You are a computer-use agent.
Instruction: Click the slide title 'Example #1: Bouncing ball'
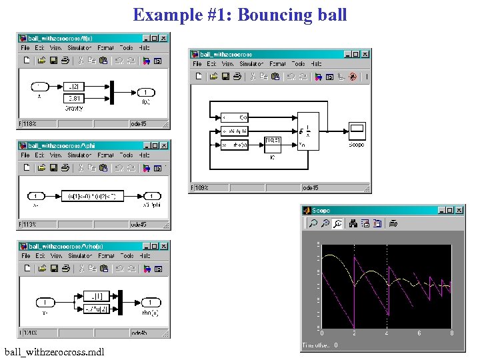pyautogui.click(x=239, y=15)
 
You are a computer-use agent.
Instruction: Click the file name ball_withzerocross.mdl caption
pyautogui.click(x=54, y=351)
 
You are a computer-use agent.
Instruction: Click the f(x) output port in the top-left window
pyautogui.click(x=145, y=93)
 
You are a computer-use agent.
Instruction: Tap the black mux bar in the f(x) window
pyautogui.click(x=112, y=92)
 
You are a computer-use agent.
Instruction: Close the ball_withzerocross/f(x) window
pyautogui.click(x=163, y=39)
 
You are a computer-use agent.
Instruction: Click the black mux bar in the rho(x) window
pyautogui.click(x=120, y=302)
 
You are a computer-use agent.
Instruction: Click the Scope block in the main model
pyautogui.click(x=357, y=131)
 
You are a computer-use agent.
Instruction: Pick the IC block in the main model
pyautogui.click(x=273, y=142)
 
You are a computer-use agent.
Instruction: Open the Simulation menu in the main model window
pyautogui.click(x=252, y=64)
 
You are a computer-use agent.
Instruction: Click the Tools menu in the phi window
pyautogui.click(x=126, y=155)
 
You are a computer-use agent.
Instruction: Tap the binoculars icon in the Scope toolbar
pyautogui.click(x=338, y=223)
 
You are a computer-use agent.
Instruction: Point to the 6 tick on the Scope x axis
pyautogui.click(x=419, y=333)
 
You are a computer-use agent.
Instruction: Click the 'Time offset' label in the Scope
pyautogui.click(x=315, y=345)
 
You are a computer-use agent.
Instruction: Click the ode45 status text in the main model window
pyautogui.click(x=311, y=188)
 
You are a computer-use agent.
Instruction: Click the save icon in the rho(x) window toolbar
pyautogui.click(x=53, y=269)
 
